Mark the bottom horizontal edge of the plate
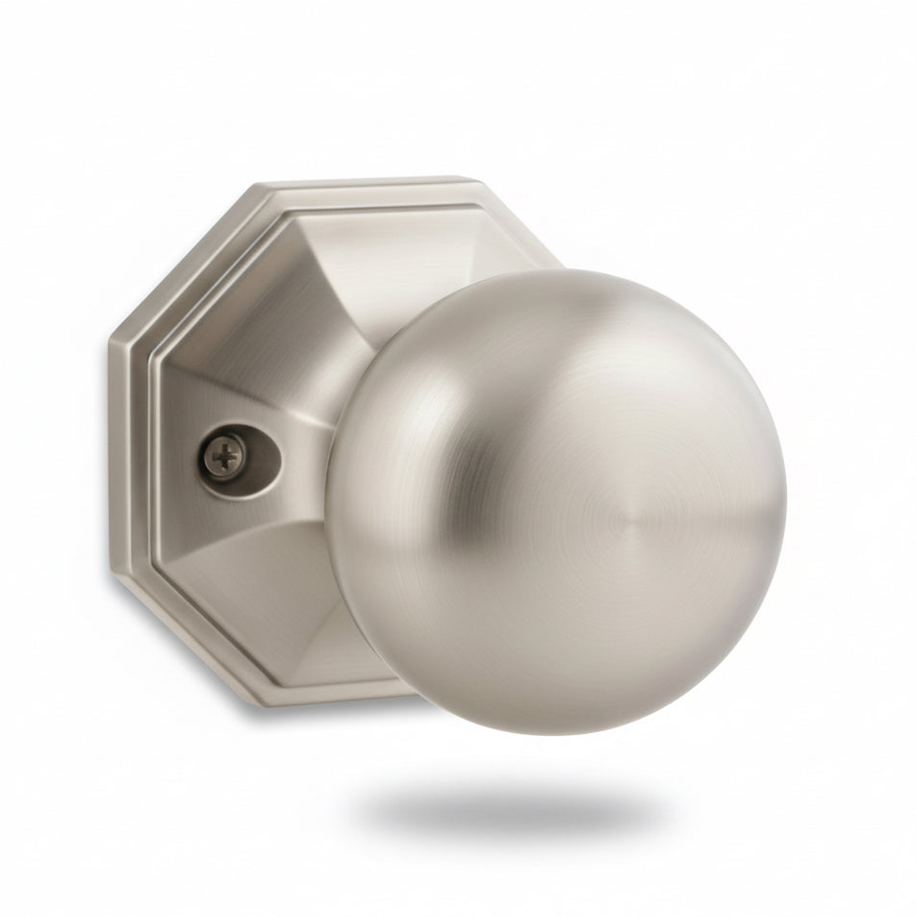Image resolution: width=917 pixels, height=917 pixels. coord(337,695)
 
